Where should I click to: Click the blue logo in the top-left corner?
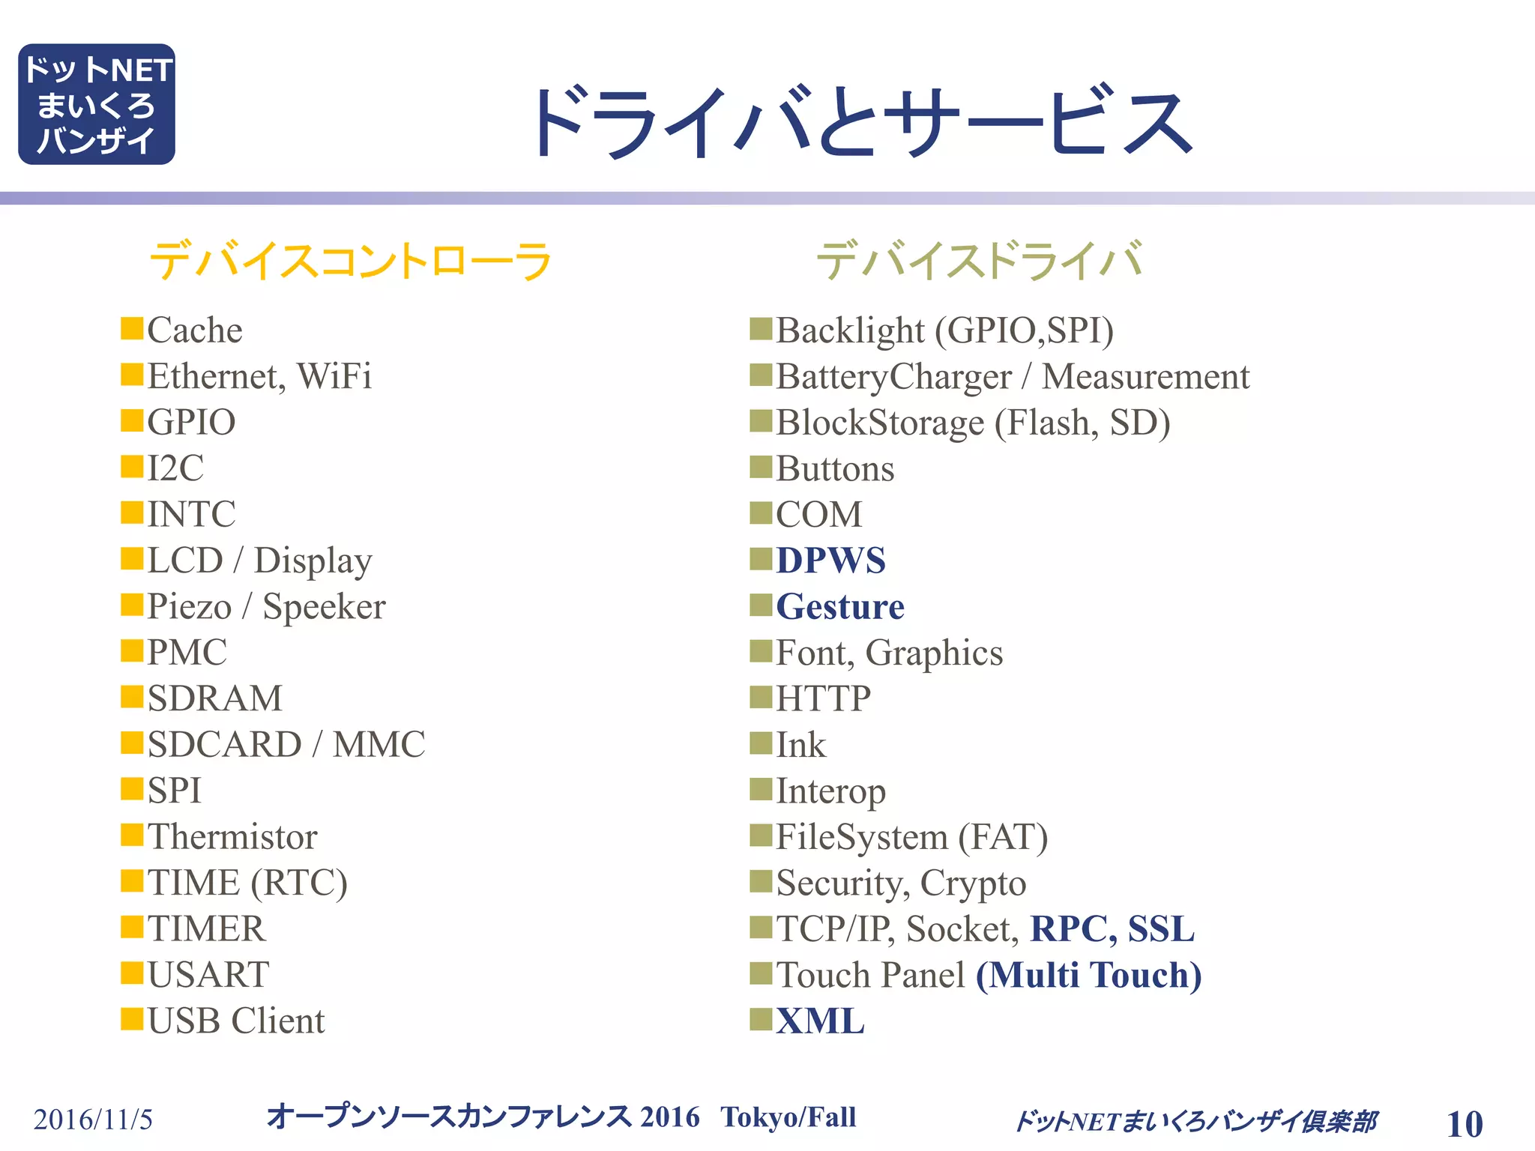[x=97, y=104]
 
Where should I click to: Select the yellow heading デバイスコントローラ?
[x=351, y=261]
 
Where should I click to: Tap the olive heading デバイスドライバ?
[x=979, y=261]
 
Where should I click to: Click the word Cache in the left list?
[x=195, y=330]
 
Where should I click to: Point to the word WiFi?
[x=334, y=376]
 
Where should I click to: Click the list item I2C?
[x=175, y=468]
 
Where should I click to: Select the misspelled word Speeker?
[x=324, y=606]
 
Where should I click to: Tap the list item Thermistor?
[x=232, y=836]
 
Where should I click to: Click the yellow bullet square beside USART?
[x=132, y=973]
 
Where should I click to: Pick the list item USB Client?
[x=236, y=1021]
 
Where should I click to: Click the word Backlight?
[x=850, y=330]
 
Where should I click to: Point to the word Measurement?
[x=1145, y=376]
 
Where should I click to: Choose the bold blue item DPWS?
[x=830, y=561]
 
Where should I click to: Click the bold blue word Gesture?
[x=840, y=606]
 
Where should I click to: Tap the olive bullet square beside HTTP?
[x=761, y=697]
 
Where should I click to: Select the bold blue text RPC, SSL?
[x=1112, y=928]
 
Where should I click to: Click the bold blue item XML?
[x=820, y=1021]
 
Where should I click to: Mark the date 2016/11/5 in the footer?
[x=93, y=1120]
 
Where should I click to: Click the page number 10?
[x=1465, y=1124]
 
